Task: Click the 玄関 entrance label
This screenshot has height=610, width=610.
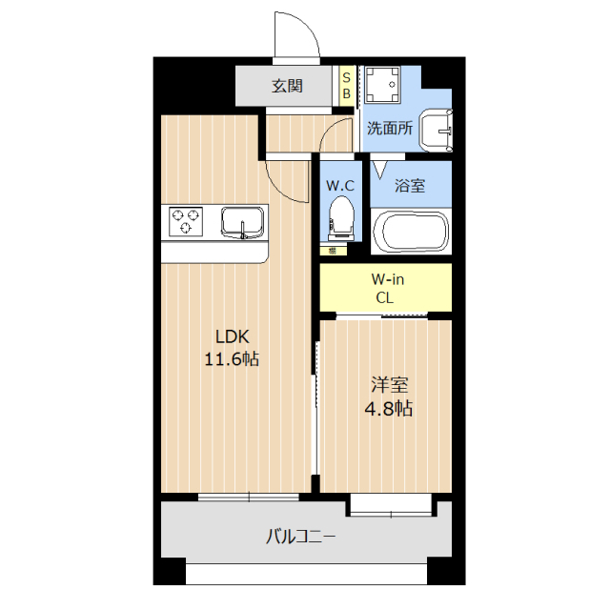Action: (287, 86)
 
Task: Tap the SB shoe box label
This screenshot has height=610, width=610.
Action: (346, 85)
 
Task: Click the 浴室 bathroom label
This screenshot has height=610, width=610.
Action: (410, 186)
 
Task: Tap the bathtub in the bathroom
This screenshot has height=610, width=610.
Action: (410, 232)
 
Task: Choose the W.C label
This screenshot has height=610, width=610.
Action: (340, 186)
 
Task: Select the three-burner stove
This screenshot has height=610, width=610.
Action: (187, 222)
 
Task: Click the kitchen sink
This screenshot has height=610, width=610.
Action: (244, 222)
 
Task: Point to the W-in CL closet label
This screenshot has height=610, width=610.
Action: (385, 289)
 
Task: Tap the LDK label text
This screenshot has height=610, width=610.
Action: (231, 336)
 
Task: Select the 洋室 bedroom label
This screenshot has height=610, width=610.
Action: (389, 386)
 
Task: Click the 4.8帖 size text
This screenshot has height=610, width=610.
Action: (389, 409)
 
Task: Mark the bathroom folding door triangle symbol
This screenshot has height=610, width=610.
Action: (379, 170)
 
